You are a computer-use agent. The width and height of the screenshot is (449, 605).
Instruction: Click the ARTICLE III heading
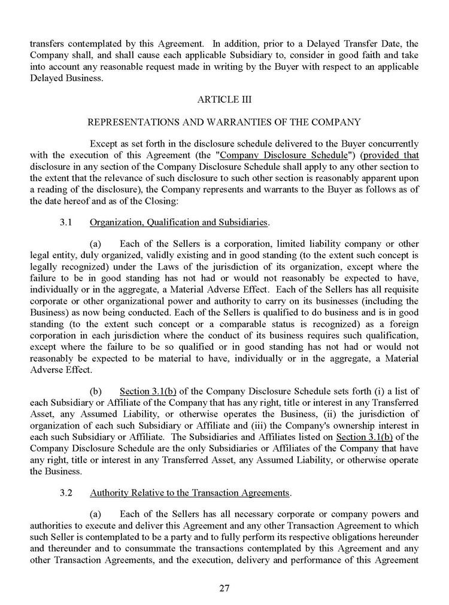[224, 99]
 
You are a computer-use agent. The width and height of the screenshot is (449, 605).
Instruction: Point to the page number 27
[224, 588]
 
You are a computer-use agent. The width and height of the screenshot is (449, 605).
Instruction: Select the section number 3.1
[66, 222]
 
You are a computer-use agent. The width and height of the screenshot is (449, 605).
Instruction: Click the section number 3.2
[66, 493]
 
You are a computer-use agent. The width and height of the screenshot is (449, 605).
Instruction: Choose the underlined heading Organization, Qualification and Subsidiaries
[178, 222]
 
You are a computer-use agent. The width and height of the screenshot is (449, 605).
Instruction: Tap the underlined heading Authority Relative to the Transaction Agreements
[189, 493]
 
